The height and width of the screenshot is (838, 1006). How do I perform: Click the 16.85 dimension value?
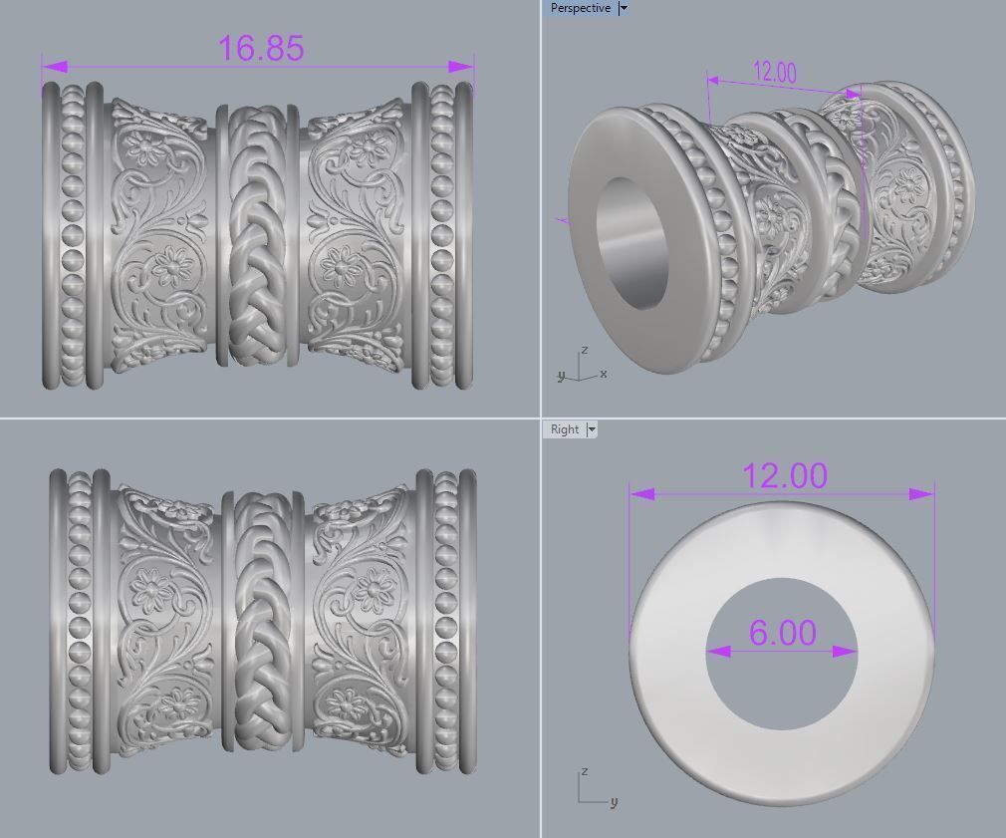260,47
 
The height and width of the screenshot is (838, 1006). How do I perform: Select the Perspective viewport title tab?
580,8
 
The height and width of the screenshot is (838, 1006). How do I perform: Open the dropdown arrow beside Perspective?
624,8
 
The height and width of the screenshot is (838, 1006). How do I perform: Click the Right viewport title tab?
564,429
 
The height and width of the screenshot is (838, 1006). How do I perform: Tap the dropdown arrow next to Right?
592,429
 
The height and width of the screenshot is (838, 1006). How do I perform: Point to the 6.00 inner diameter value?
782,633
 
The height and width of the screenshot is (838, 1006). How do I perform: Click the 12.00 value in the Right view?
785,475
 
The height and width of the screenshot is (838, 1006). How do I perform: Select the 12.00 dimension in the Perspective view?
775,72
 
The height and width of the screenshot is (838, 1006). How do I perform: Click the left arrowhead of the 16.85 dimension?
54,67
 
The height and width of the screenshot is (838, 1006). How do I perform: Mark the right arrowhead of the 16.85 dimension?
461,67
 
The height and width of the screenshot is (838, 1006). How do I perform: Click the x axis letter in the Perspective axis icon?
604,374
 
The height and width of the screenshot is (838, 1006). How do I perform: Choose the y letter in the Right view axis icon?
614,802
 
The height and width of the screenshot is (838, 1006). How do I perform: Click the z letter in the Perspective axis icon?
585,351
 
